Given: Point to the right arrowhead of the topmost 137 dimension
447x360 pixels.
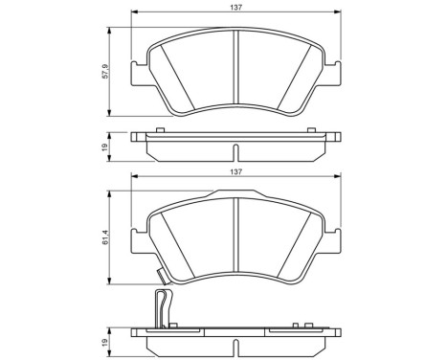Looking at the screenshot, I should click(x=340, y=13).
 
